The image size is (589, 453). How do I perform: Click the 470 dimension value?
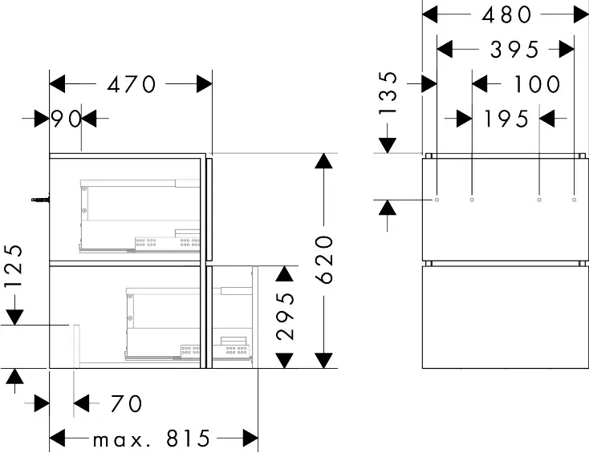pos(131,84)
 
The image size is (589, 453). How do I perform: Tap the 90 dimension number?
pos(66,119)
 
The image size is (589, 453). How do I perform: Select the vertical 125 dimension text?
pos(14,266)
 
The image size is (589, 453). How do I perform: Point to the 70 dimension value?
pos(126,403)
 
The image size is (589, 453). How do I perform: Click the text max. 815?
pos(152,438)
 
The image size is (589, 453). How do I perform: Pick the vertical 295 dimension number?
pos(285,317)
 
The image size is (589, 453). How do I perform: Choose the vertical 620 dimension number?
pos(324,260)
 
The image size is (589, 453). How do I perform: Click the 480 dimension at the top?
pos(506,15)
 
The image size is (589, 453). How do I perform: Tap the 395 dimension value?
pos(514,50)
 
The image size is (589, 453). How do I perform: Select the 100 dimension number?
pos(537,84)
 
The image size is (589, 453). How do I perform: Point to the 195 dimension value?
pos(506,119)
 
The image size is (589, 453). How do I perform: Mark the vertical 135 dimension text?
pos(388,93)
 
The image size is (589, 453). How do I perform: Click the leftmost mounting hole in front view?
pos(437,200)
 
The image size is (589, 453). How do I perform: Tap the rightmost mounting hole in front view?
pos(574,200)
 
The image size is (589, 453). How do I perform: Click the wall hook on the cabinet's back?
pos(41,200)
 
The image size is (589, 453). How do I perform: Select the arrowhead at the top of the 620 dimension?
pos(324,160)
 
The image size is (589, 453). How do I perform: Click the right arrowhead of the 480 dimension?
pos(581,14)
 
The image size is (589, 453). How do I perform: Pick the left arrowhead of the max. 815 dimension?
pos(57,438)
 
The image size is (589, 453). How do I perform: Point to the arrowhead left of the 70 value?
pos(81,403)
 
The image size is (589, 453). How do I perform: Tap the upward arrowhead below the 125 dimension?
pos(14,376)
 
